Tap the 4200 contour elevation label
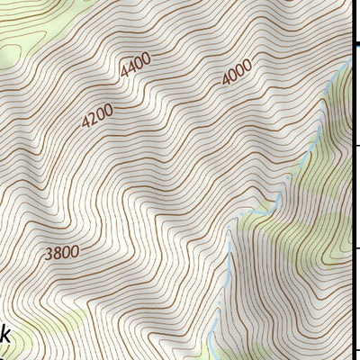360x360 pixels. (x=97, y=117)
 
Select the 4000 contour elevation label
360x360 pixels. (x=237, y=77)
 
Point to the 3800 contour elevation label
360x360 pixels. (x=60, y=252)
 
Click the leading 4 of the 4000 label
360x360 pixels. (x=226, y=84)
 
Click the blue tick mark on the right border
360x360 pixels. (x=355, y=44)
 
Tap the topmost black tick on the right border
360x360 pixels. (x=355, y=145)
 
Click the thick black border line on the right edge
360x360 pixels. (x=352, y=198)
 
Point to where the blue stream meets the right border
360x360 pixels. (x=350, y=61)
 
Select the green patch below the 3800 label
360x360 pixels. (x=63, y=315)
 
